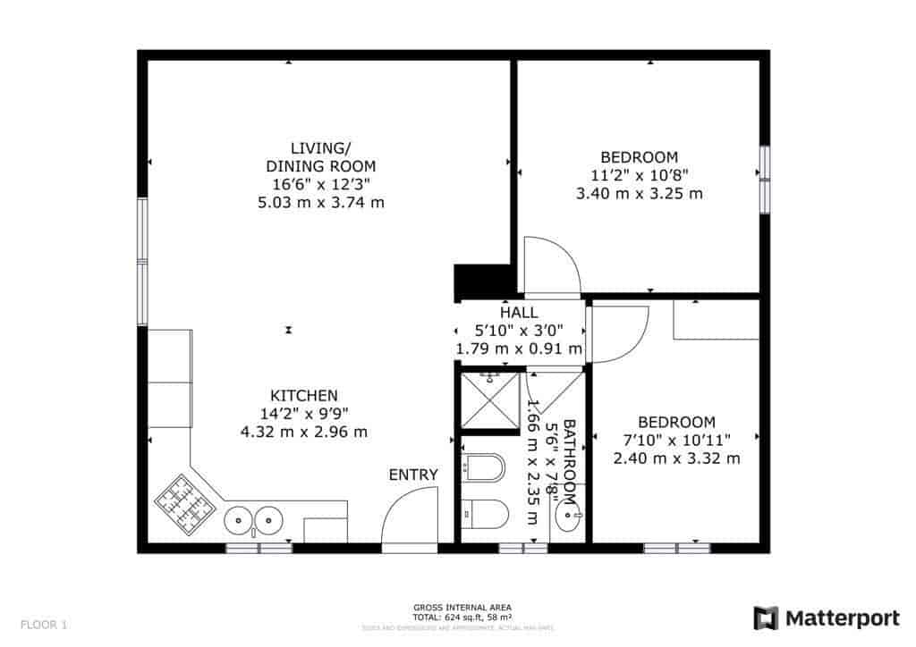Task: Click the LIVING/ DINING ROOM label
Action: (x=321, y=157)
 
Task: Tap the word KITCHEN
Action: (x=304, y=396)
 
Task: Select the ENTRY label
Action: (x=413, y=475)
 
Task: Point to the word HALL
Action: (x=519, y=313)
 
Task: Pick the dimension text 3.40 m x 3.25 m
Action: (x=640, y=193)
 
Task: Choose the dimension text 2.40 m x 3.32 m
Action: (x=676, y=458)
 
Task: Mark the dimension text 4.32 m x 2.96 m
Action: (x=304, y=432)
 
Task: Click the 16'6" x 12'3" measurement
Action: (x=321, y=184)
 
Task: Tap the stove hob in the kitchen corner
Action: (x=186, y=503)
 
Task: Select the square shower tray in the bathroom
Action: (x=488, y=400)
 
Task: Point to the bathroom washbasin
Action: (x=568, y=514)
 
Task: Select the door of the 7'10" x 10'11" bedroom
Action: (x=619, y=333)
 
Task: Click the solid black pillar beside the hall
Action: (x=481, y=281)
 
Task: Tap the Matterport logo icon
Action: (x=766, y=618)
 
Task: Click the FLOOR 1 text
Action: (x=43, y=625)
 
